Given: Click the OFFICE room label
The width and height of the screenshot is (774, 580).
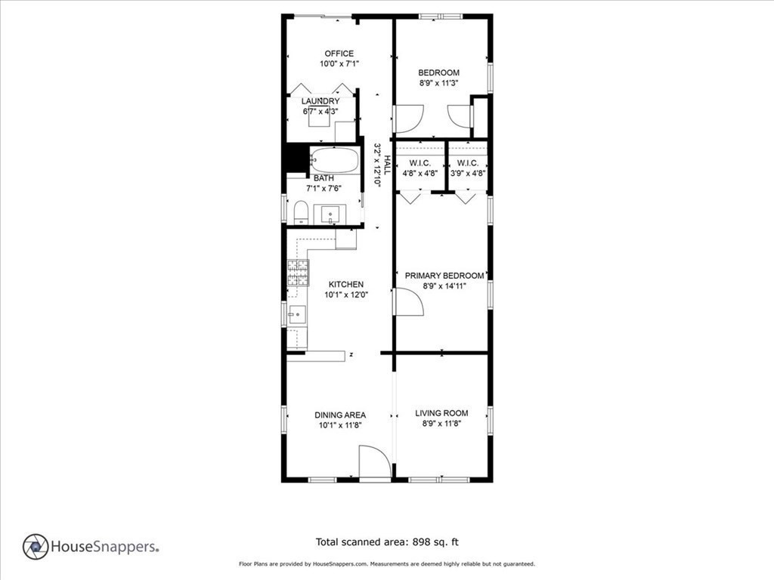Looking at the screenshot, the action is [339, 54].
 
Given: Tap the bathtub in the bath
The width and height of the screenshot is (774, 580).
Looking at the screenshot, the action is [334, 160].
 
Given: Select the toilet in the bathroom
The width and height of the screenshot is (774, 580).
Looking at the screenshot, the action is [301, 212].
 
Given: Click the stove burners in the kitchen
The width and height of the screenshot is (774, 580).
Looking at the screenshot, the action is [298, 273].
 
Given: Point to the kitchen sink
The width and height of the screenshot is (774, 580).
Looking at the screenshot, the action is [297, 314].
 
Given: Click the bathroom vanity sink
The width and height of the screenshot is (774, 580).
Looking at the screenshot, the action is [330, 215].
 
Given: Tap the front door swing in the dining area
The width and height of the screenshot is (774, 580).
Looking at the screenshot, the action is [375, 461].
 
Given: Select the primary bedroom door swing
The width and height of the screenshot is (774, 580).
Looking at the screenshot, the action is [408, 302].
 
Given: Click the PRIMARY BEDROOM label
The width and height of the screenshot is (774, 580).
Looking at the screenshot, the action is [444, 276].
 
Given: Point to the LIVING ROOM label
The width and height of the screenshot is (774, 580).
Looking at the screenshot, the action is [441, 413].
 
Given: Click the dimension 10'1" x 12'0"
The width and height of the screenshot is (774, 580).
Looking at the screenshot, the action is [346, 295].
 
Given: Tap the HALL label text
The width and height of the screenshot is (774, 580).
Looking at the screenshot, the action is [388, 165].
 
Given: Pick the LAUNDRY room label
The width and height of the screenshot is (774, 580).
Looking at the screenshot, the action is [320, 101].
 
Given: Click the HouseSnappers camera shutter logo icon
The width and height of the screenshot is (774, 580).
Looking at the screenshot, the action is [36, 547].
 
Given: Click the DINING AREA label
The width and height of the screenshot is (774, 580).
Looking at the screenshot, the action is [340, 415].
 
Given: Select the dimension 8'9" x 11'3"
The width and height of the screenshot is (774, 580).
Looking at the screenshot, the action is [439, 83].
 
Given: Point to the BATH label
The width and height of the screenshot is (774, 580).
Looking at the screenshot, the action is [324, 178].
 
